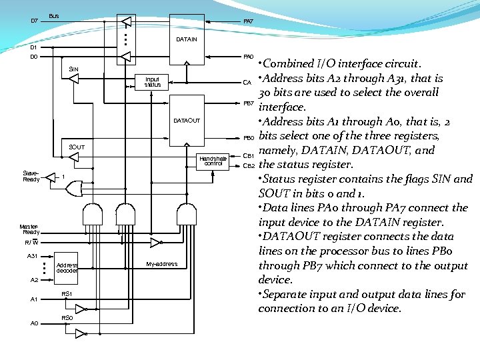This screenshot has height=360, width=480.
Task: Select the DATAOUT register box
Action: coord(187,120)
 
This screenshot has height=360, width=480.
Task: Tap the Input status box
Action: coord(153,82)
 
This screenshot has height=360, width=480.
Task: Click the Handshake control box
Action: coord(213,161)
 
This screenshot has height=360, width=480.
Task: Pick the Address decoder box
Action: coord(67,267)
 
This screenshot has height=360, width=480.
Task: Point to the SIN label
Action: coord(73,69)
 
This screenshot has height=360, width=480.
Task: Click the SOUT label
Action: coord(77,147)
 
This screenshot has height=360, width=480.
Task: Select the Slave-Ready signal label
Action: coord(31,176)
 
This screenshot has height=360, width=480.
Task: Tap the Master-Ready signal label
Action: coord(31,229)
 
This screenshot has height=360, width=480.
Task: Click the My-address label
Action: coord(161,264)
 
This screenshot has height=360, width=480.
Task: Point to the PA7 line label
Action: coord(248,22)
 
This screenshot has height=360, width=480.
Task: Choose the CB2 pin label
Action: coord(249,165)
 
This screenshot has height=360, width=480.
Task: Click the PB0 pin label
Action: coord(248,137)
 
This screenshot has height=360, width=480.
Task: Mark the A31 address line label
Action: coord(32,256)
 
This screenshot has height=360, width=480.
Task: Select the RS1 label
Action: coord(67,294)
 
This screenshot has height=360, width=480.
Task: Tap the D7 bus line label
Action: coord(35,21)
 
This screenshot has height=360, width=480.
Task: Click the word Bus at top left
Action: coord(54,16)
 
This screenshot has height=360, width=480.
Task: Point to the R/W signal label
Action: coord(31,243)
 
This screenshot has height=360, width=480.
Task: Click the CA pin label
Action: coord(247,83)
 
